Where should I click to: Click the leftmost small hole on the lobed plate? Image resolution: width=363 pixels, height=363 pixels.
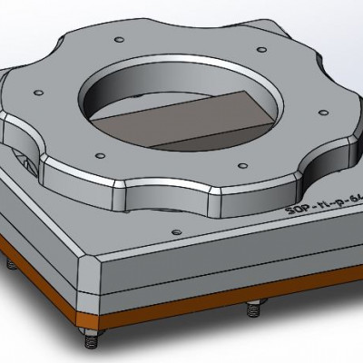(x=39, y=91)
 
